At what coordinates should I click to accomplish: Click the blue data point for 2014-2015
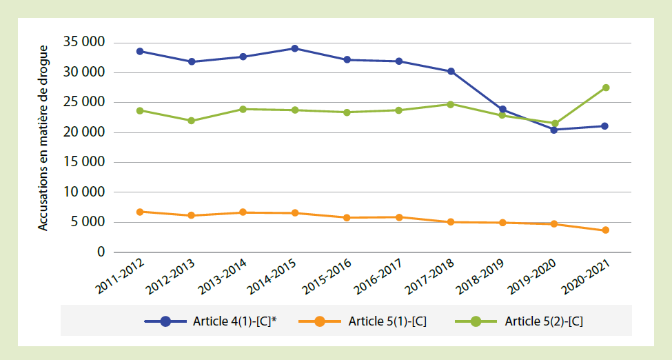tap(294, 48)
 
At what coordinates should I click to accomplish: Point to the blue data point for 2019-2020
tap(554, 130)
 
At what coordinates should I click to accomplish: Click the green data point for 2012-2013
tap(191, 121)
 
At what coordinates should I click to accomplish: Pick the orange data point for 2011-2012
tap(140, 212)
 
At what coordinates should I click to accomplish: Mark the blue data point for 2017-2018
tap(451, 71)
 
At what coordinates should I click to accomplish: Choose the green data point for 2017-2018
tap(451, 104)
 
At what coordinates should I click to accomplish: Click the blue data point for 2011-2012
tap(140, 51)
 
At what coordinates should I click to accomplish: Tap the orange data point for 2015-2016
tap(347, 218)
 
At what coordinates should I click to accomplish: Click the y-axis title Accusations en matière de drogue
tap(43, 138)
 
